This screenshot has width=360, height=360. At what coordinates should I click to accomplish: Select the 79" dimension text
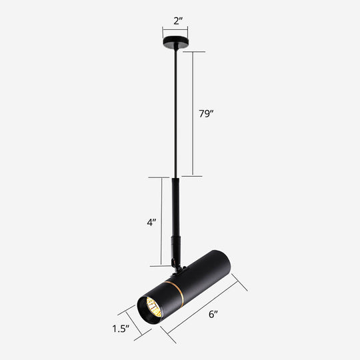point(207,114)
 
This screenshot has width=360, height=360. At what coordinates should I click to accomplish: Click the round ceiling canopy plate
point(175,45)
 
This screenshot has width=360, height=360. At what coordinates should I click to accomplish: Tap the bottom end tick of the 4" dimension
point(161,265)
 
